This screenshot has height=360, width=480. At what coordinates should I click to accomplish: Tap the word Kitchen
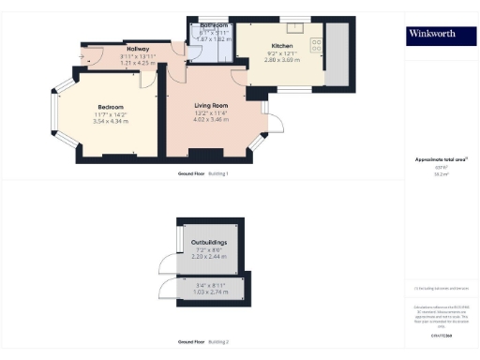point(282,46)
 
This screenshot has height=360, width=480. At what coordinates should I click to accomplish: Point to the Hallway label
point(138,51)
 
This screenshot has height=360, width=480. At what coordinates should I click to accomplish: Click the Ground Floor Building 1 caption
point(203,174)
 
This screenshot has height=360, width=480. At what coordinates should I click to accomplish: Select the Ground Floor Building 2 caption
point(203,342)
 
